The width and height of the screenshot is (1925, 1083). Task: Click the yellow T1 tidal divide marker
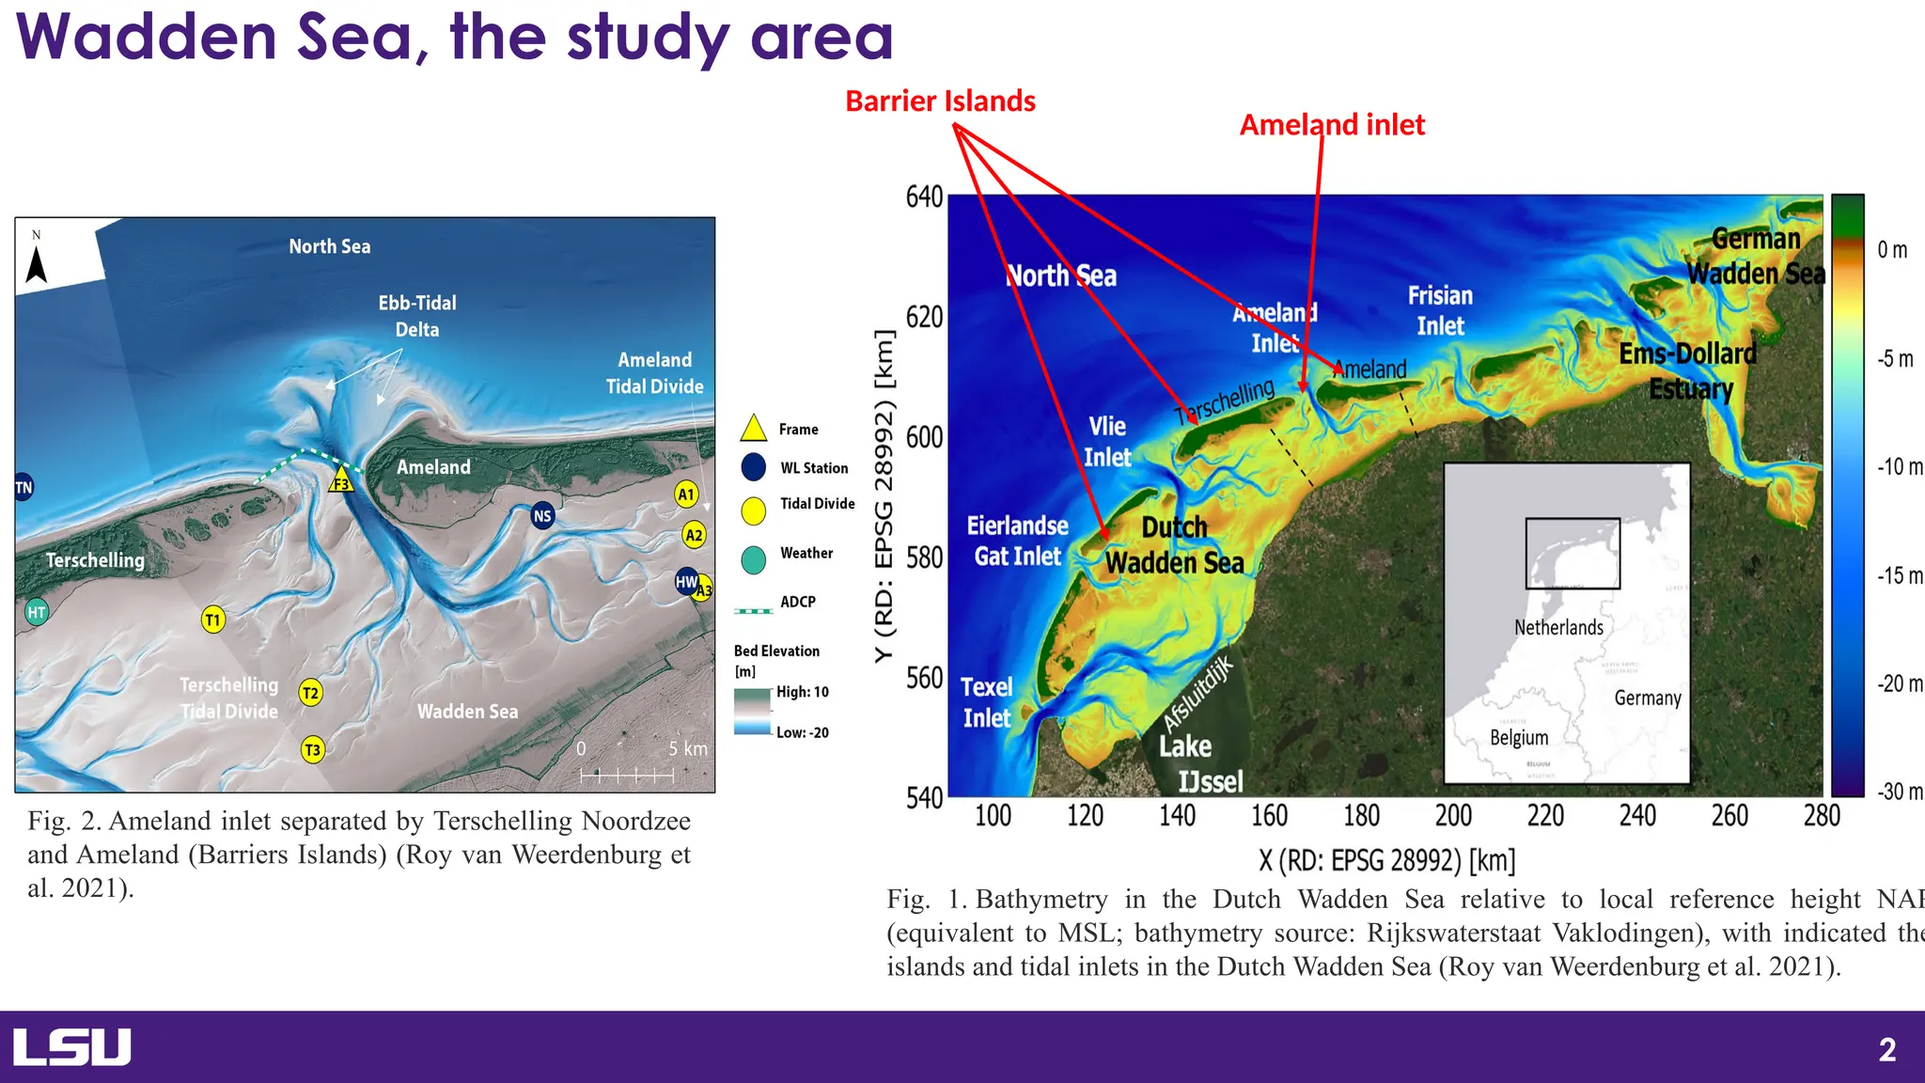click(x=213, y=620)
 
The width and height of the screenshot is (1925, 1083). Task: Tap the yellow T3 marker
click(x=312, y=749)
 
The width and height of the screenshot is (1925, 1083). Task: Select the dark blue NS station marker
click(x=542, y=515)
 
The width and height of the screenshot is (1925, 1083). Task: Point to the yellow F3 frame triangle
click(x=341, y=482)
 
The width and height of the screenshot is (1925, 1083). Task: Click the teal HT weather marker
click(x=36, y=612)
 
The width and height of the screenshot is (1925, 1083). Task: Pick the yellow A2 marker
click(x=694, y=535)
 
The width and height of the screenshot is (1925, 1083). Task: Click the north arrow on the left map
click(x=37, y=260)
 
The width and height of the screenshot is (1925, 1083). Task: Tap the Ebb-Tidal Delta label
click(x=417, y=316)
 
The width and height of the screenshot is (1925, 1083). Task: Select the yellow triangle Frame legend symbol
click(x=754, y=429)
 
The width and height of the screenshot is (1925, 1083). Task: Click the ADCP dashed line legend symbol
click(x=753, y=611)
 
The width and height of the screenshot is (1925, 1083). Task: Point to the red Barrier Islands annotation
click(x=940, y=102)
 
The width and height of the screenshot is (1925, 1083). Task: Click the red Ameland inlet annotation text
click(x=1332, y=125)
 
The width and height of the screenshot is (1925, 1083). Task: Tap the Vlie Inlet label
click(x=1107, y=442)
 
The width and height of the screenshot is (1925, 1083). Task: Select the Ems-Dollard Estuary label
click(x=1689, y=371)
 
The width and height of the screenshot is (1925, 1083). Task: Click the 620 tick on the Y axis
click(x=924, y=317)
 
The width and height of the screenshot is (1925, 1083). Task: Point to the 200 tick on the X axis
click(x=1453, y=815)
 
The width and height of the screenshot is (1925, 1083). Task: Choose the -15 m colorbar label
click(x=1899, y=575)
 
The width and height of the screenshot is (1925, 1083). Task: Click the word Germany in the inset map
click(x=1647, y=698)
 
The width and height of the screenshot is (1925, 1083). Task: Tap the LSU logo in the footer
click(x=71, y=1047)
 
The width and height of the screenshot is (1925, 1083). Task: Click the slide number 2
click(x=1886, y=1049)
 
